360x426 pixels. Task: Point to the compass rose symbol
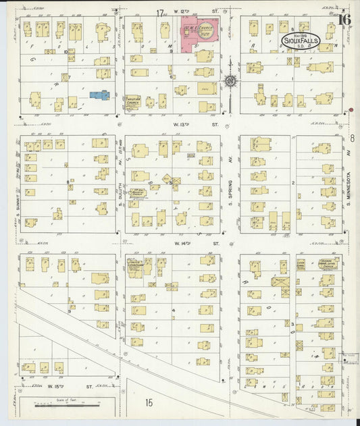(231, 82)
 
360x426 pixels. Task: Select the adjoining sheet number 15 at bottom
(148, 403)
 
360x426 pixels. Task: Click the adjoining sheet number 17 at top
(160, 13)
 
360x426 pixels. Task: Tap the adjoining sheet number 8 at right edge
(353, 138)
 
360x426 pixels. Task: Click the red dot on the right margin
(351, 110)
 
